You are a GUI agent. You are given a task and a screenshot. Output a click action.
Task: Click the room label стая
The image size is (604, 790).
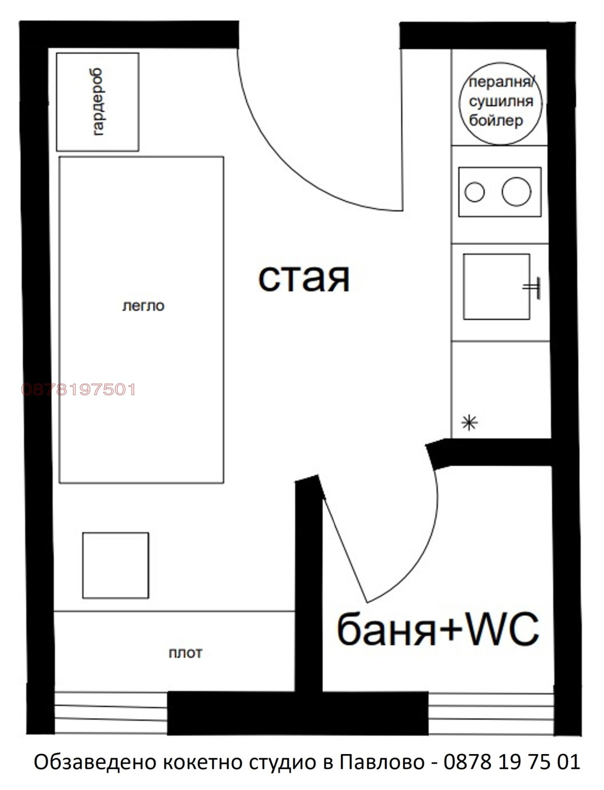[304, 279]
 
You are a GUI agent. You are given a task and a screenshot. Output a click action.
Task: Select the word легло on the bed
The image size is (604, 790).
[143, 306]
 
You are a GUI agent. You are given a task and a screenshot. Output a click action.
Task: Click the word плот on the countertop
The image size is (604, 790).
[185, 653]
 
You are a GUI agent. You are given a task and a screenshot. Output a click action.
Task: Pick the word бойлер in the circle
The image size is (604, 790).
[496, 120]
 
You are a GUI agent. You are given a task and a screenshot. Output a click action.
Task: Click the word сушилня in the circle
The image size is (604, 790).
[501, 102]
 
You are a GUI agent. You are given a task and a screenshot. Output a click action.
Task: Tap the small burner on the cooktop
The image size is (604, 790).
[475, 192]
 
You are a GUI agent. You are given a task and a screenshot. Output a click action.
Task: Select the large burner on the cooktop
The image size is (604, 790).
[516, 191]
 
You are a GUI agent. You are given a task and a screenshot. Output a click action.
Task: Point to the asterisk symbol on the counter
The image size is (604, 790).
[470, 423]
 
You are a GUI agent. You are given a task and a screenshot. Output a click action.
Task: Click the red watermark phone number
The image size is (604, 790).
[79, 390]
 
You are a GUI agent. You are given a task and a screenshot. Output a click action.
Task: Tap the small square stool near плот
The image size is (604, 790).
[116, 565]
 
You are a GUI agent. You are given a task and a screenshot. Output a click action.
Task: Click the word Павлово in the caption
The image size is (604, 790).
[382, 762]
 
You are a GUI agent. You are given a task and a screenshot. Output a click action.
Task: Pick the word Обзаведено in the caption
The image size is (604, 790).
[95, 762]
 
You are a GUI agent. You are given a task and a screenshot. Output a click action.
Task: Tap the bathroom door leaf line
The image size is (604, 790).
[344, 550]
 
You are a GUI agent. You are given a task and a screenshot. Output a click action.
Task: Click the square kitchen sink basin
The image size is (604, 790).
[496, 286]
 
